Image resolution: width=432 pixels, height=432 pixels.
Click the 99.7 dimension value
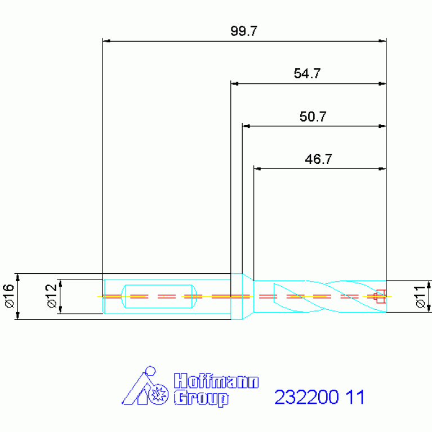click(x=243, y=31)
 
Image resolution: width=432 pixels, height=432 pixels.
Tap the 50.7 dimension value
click(x=313, y=117)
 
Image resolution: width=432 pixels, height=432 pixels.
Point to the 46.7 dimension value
click(x=318, y=159)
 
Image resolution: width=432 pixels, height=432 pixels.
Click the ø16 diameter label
click(x=8, y=296)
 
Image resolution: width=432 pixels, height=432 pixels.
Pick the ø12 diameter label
click(x=51, y=296)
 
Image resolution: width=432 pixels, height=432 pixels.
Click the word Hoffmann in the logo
click(x=216, y=381)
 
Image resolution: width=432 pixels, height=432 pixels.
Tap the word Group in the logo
click(x=201, y=398)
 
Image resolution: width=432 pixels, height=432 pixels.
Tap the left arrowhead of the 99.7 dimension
click(x=106, y=41)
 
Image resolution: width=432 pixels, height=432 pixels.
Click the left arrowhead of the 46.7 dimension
click(x=258, y=168)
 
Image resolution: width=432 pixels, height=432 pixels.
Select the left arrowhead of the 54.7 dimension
click(x=235, y=84)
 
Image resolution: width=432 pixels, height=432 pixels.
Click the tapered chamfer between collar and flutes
click(x=248, y=296)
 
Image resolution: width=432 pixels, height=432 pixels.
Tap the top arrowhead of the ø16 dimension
click(x=18, y=277)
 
